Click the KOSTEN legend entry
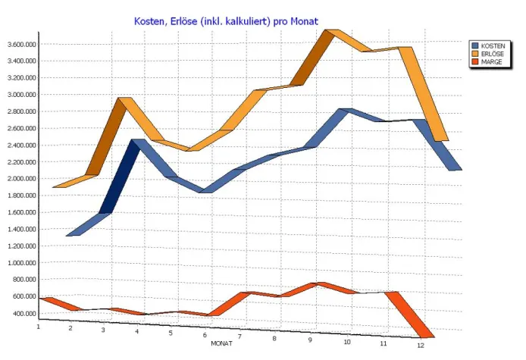493,45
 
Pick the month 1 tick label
38,326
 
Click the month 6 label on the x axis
205,335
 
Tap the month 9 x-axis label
310,340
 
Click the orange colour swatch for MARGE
476,62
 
